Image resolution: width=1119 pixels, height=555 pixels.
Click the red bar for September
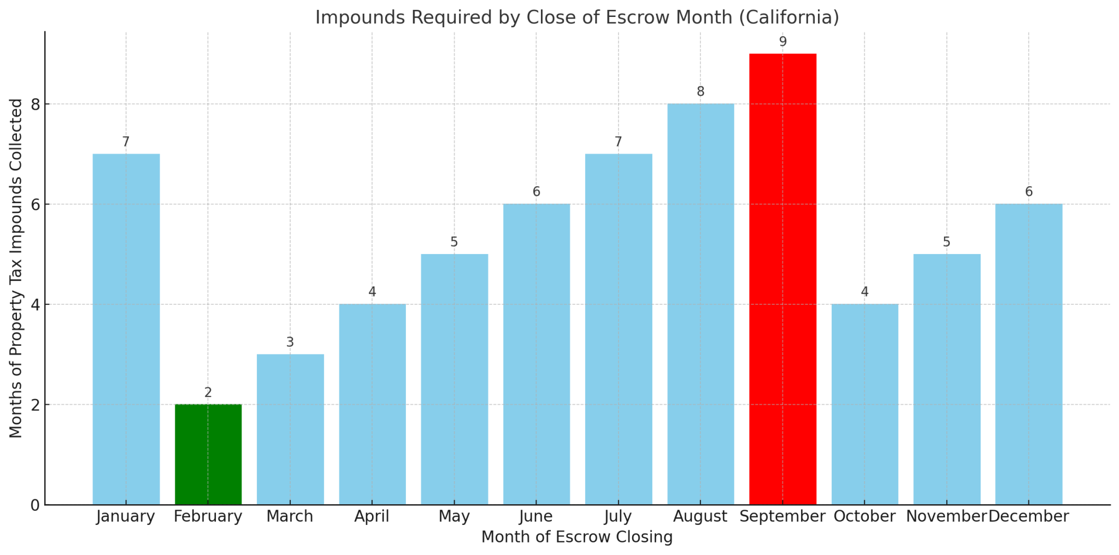click(x=782, y=279)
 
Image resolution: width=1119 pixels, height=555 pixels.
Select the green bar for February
click(x=208, y=454)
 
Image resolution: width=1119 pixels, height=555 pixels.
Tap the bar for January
click(x=126, y=329)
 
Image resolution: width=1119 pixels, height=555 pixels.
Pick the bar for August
click(x=700, y=304)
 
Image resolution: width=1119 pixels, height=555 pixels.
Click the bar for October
click(x=864, y=404)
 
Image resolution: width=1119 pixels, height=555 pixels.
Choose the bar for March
click(x=290, y=429)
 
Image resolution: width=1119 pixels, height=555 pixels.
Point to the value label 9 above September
click(x=782, y=42)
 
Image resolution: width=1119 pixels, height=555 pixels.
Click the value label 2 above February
click(x=208, y=393)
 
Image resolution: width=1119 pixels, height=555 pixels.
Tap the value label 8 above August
click(x=700, y=92)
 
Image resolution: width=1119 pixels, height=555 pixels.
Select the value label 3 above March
click(x=290, y=343)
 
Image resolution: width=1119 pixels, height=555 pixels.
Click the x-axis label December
click(x=1029, y=516)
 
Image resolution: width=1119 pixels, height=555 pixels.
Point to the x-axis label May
click(x=454, y=516)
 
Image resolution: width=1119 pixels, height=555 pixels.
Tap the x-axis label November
click(x=946, y=516)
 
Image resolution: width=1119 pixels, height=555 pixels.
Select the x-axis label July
click(x=618, y=516)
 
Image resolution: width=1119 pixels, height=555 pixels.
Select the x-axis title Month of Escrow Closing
click(x=577, y=538)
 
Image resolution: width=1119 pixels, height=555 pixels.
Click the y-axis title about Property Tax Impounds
click(x=16, y=268)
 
